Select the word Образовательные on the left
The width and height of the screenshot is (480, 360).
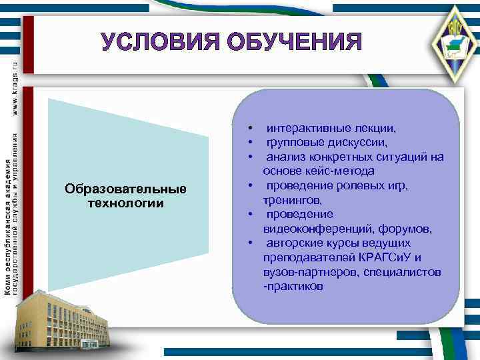126,190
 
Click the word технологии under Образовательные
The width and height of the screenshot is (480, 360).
126,203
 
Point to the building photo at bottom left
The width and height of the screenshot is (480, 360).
61,321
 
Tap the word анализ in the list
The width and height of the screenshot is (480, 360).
285,157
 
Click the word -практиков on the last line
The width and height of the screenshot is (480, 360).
293,287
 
